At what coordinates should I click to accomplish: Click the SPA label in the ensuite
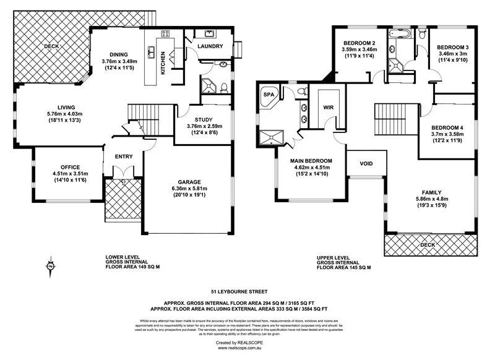tap(269, 95)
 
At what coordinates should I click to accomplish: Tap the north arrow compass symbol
tap(49, 267)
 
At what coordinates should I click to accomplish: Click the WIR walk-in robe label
tap(328, 106)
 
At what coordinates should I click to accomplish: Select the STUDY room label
tap(204, 120)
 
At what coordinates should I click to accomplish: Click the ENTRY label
tap(123, 156)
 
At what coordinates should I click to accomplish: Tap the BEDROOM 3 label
tap(454, 47)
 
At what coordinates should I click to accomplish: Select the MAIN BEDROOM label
tap(311, 161)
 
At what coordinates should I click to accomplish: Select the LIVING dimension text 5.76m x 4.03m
tap(61, 114)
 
